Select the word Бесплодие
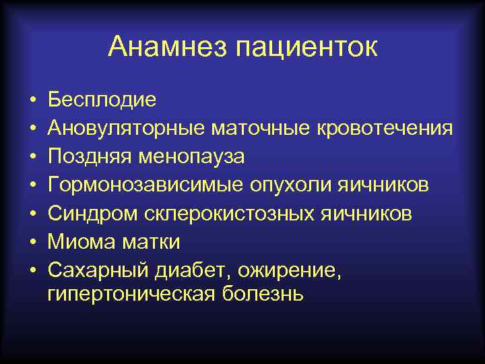(x=102, y=100)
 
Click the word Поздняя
(x=90, y=156)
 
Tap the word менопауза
(x=191, y=156)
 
